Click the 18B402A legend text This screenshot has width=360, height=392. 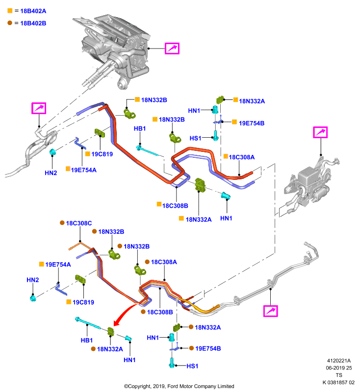tap(33, 11)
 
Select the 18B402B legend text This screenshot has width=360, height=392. tap(33, 23)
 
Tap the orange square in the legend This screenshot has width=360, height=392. tap(10, 10)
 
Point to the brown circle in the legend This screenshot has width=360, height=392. tap(10, 23)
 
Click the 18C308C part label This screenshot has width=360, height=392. tap(79, 223)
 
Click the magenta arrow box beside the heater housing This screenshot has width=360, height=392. tap(172, 48)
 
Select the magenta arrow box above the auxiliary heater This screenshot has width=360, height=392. tap(320, 132)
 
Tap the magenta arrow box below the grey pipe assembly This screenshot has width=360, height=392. tap(270, 311)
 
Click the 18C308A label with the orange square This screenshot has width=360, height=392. tap(242, 157)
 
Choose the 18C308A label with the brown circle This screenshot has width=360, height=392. tap(164, 262)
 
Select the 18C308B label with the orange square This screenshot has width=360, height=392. tap(175, 206)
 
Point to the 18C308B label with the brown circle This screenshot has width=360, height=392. tap(160, 312)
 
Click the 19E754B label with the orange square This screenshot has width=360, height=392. tap(252, 123)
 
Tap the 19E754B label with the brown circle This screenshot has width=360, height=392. tap(208, 348)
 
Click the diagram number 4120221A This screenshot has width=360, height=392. tap(339, 361)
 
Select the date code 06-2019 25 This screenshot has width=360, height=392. tap(339, 368)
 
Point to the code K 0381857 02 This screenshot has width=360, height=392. tap(338, 382)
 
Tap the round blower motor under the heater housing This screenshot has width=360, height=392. tap(122, 83)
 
